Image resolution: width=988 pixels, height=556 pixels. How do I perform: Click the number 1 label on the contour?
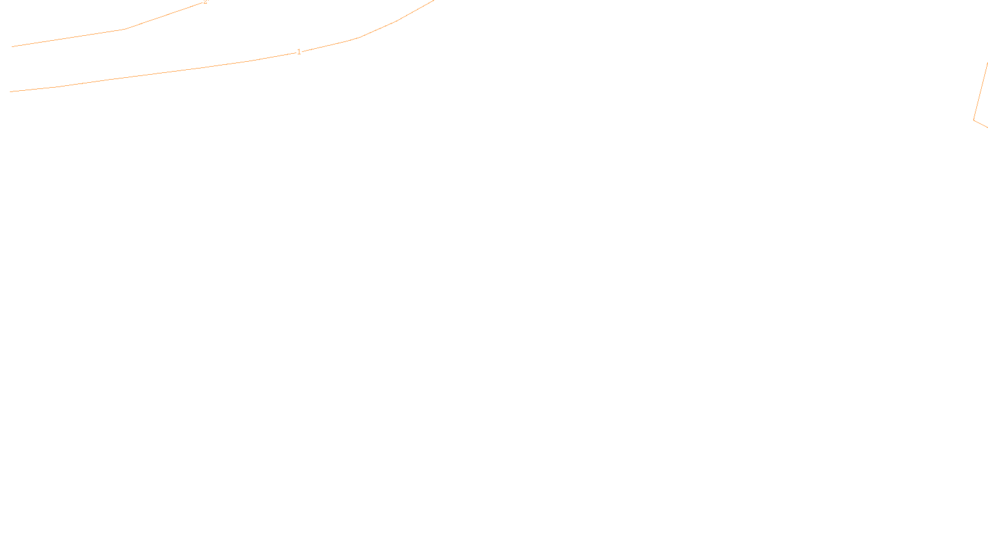[299, 52]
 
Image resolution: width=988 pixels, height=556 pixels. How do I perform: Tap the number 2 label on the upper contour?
[205, 2]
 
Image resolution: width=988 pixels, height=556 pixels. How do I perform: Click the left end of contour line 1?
[11, 91]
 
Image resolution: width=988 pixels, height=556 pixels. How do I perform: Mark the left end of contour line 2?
[12, 46]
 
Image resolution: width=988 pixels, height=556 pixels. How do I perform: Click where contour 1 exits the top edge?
[434, 1]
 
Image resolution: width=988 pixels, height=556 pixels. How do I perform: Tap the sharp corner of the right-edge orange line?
[974, 120]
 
